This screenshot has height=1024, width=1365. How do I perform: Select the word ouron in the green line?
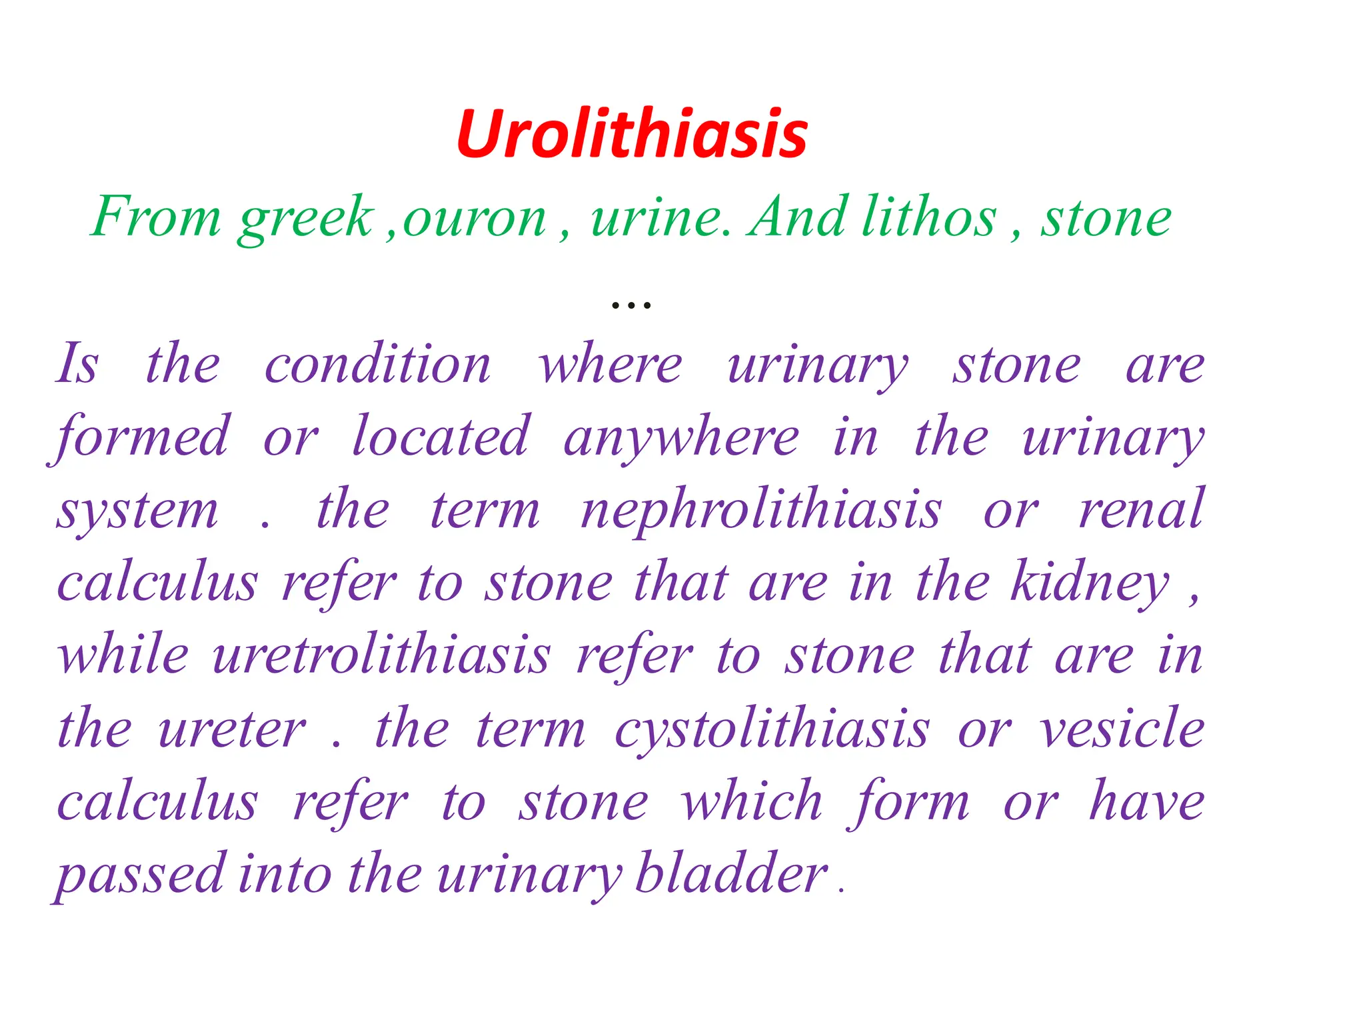tap(475, 219)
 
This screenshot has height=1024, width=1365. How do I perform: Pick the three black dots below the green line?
tap(631, 306)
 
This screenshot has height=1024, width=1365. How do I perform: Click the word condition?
tap(378, 365)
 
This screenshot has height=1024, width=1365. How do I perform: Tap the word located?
tap(441, 437)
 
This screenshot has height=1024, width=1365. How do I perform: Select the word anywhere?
tap(681, 439)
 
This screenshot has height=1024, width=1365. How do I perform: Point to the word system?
tap(137, 512)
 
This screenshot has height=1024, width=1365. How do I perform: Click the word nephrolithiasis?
tap(761, 511)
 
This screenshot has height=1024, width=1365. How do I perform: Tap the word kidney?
tap(1090, 584)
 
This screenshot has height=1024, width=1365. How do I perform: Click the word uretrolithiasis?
tap(381, 656)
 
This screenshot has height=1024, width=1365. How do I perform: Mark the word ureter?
tap(232, 729)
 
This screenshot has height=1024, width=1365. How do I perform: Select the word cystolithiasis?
tap(772, 729)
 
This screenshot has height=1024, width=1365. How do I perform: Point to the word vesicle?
tap(1122, 728)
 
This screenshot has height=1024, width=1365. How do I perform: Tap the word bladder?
tap(731, 873)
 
